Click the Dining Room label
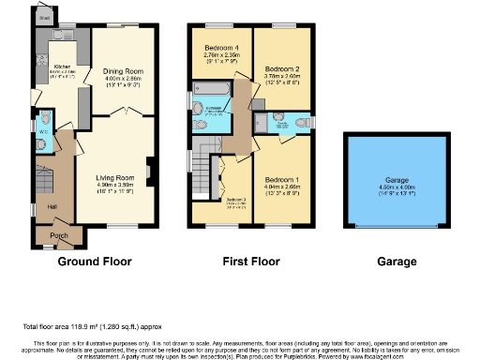point(123,71)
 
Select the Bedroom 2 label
point(281,69)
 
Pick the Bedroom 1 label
point(282,179)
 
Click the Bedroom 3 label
point(235,200)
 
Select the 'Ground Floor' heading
point(95,262)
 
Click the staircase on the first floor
point(204,174)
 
